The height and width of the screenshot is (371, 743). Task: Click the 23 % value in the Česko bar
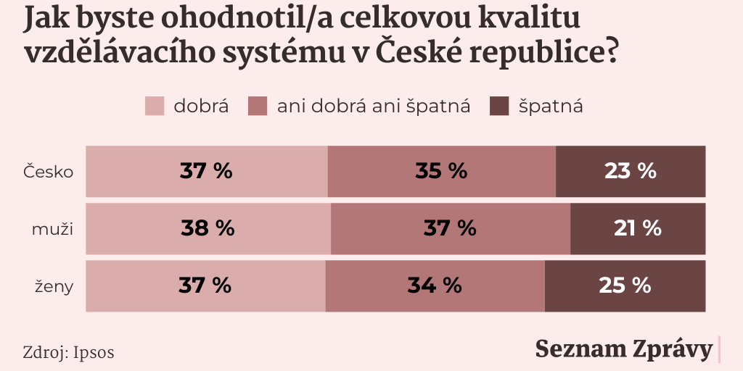630,171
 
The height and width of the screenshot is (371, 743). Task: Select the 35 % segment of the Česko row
441,171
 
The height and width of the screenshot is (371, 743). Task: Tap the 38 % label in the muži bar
208,228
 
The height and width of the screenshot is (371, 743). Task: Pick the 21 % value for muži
637,228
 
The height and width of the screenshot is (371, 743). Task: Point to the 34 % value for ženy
434,285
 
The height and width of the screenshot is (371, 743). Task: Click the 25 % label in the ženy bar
625,285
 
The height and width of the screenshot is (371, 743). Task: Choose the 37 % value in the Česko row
206,171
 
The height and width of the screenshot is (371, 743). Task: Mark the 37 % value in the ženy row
205,285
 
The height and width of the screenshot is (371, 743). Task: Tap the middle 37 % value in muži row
450,228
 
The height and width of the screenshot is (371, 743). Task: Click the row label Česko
49,172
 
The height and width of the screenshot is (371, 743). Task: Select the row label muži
53,229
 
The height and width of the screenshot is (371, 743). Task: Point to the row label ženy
54,286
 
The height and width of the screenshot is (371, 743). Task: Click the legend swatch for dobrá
155,107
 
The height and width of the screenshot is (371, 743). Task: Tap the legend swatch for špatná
500,107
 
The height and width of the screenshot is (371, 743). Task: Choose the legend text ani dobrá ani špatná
374,107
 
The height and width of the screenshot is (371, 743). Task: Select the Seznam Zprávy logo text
623,349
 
